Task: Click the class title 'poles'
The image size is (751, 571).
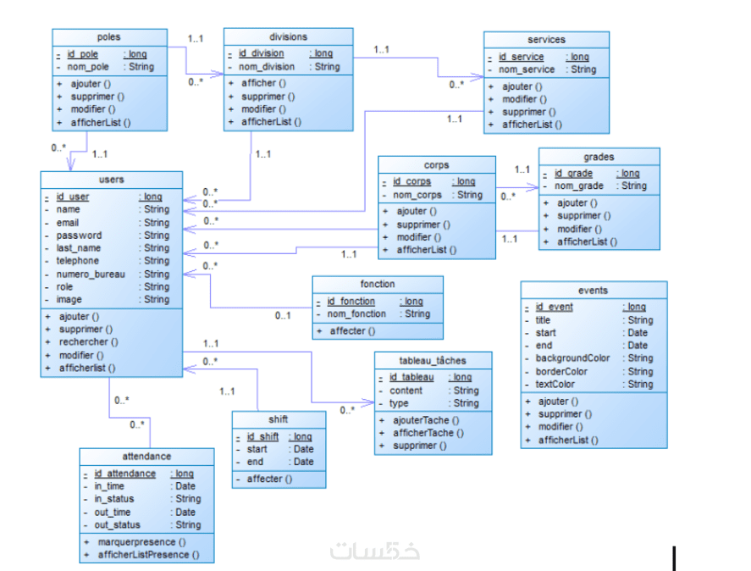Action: [x=109, y=37]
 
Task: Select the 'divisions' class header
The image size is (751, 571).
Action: [x=289, y=36]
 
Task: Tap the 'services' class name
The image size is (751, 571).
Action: [x=546, y=40]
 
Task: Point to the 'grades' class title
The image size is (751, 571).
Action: [x=599, y=157]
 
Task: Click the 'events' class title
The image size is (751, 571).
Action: [x=593, y=290]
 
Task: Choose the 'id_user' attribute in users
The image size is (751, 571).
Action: [x=73, y=197]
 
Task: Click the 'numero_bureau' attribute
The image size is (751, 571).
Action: [x=91, y=274]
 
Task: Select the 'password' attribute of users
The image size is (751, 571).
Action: [x=79, y=235]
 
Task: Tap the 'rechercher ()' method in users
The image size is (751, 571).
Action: [x=88, y=342]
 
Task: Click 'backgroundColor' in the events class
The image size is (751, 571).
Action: [x=572, y=358]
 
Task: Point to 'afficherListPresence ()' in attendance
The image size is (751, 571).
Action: [x=149, y=555]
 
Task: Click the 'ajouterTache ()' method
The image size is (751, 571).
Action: [x=426, y=419]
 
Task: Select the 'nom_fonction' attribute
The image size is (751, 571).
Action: [x=356, y=313]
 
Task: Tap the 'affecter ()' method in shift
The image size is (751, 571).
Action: [x=269, y=479]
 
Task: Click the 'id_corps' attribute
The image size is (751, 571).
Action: [x=411, y=181]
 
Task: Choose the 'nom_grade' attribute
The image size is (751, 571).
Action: [x=579, y=186]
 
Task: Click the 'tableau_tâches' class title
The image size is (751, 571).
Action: [x=433, y=360]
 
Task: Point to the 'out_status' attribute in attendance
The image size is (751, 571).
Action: [x=117, y=524]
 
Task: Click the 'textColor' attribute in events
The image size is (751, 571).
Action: [x=555, y=384]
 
